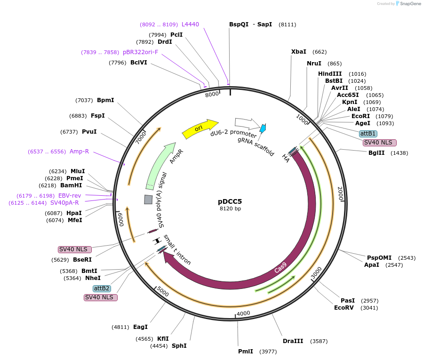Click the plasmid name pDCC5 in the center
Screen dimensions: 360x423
pos(230,201)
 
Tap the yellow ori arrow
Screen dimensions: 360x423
pos(200,128)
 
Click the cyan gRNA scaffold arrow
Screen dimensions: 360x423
pos(263,128)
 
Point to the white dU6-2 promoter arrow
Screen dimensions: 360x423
pos(244,123)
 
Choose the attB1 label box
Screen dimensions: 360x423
pos(367,134)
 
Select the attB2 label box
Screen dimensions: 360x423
pos(102,288)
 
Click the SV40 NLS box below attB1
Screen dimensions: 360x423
pos(380,143)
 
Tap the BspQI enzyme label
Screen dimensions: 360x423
pos(239,24)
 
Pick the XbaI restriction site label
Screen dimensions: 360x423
pos(299,52)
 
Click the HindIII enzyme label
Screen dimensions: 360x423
pos(330,74)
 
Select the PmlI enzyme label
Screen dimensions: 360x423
pos(246,351)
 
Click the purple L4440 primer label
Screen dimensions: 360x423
pos(191,24)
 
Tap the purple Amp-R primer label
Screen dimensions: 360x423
pos(79,152)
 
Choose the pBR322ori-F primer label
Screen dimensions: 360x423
pos(141,52)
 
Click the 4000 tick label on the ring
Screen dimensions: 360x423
pos(243,313)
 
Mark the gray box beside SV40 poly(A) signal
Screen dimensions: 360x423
pos(148,200)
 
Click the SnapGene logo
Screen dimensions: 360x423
pos(408,4)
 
